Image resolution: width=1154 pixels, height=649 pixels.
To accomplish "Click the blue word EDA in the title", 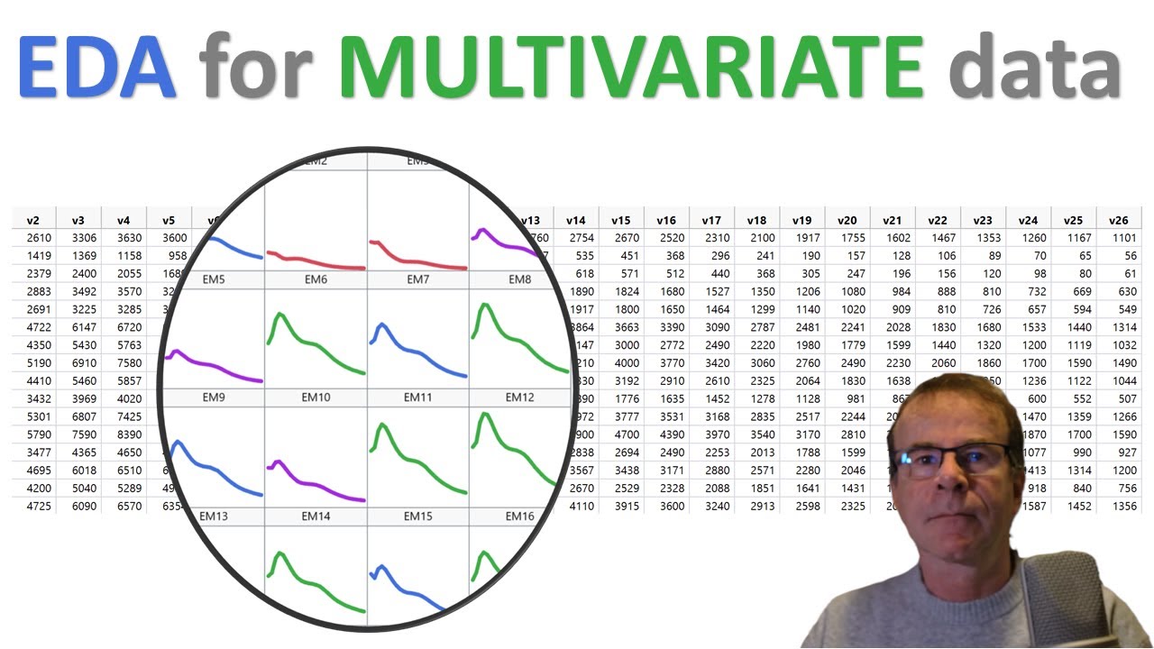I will point(97,67).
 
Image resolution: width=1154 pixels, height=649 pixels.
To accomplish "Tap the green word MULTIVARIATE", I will point(631,67).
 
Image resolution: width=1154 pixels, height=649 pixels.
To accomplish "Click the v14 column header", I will point(576,220).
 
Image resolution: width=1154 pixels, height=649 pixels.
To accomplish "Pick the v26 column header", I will point(1118,220).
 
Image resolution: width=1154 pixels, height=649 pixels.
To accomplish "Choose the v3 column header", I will point(78,220).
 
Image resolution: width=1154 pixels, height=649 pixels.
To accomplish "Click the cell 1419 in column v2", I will point(33,256).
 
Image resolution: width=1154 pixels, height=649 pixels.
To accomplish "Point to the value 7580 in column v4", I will point(124,362).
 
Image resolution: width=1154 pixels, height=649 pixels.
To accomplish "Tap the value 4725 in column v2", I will point(33,506).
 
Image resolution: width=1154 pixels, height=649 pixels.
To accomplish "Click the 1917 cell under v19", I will point(802,238).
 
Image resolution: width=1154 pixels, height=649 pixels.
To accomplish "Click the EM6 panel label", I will point(316,280).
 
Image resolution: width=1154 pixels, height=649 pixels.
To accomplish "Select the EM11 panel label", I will point(417,398).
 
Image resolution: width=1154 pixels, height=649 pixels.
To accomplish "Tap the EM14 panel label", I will point(316,516).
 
